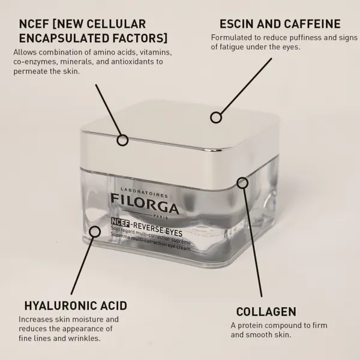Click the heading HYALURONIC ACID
pyautogui.click(x=76, y=305)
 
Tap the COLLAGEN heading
pyautogui.click(x=266, y=312)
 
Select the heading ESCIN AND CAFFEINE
pyautogui.click(x=280, y=24)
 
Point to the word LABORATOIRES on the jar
pyautogui.click(x=144, y=193)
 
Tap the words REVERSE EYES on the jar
pyautogui.click(x=158, y=229)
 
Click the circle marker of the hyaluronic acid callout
pyautogui.click(x=94, y=232)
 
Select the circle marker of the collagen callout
pyautogui.click(x=242, y=183)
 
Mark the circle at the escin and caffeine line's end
pyautogui.click(x=216, y=118)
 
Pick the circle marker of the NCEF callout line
pyautogui.click(x=122, y=140)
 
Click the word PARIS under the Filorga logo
pyautogui.click(x=160, y=217)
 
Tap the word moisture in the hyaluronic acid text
pyautogui.click(x=87, y=319)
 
